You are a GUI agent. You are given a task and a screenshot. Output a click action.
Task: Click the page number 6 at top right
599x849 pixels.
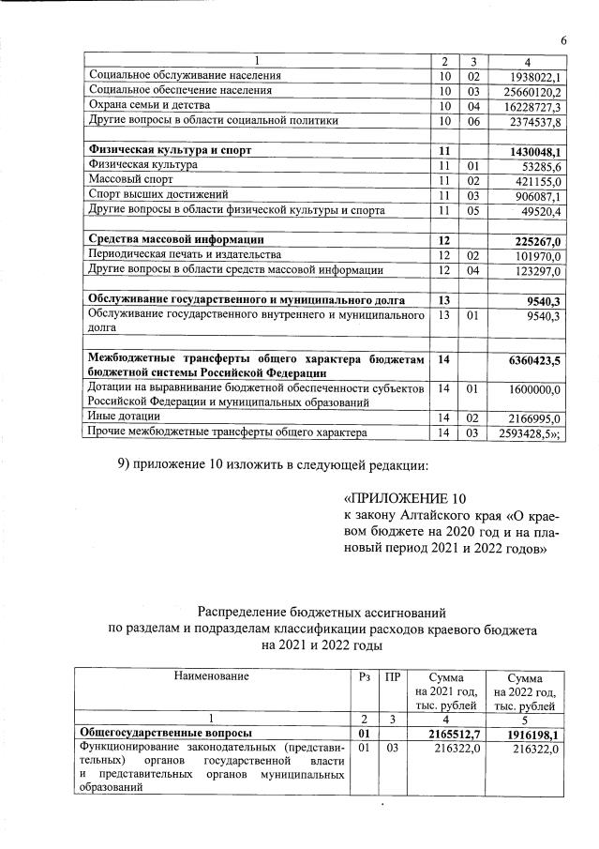point(564,39)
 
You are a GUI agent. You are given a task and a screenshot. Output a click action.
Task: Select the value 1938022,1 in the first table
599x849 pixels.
point(532,76)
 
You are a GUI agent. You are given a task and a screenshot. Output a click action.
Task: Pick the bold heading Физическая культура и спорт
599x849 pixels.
point(169,150)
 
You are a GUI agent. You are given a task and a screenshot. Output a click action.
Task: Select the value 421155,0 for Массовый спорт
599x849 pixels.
point(535,181)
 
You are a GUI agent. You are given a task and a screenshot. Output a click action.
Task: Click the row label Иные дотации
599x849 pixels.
point(123,416)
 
